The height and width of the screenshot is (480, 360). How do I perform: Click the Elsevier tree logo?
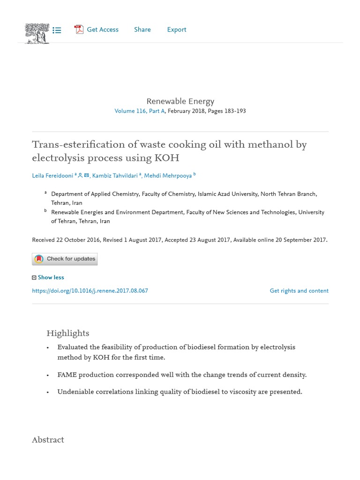tap(37, 33)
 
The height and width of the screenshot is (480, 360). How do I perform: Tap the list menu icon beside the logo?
tap(57, 30)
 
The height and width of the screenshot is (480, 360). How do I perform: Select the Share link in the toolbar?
tap(142, 30)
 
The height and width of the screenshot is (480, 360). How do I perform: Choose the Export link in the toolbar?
tap(177, 30)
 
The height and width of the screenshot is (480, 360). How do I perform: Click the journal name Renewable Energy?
tap(180, 101)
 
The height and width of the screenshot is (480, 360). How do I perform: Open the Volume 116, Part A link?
tap(139, 111)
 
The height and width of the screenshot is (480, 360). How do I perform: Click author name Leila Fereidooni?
tap(52, 176)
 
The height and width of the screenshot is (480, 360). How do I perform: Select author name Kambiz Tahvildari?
tap(115, 176)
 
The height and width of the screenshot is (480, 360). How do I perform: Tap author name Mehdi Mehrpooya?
tap(168, 176)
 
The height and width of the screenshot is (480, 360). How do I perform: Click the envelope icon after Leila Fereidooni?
tap(86, 175)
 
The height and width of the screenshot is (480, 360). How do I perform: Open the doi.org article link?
tap(90, 291)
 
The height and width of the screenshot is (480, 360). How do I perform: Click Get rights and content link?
tap(299, 291)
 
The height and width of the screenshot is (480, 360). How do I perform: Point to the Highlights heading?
tap(67, 333)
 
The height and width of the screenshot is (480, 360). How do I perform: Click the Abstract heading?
tap(48, 440)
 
